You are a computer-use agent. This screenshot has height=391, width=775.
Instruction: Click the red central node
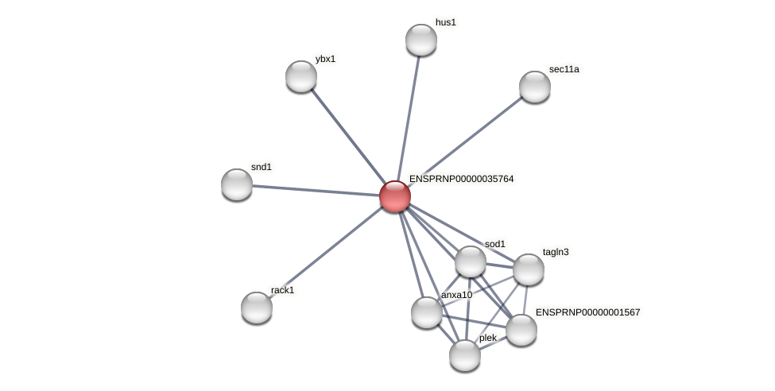395,196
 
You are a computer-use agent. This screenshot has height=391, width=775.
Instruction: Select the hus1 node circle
421,40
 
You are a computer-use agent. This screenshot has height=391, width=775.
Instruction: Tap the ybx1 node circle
301,76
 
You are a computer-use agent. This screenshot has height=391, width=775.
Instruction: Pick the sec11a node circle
535,87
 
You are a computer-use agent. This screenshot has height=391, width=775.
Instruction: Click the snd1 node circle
237,184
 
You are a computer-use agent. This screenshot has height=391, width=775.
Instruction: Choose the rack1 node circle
257,308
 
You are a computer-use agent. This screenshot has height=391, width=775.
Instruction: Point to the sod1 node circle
471,261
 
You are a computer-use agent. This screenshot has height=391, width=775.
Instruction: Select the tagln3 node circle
529,269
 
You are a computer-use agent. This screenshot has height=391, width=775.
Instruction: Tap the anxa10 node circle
427,312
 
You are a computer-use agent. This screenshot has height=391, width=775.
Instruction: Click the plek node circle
465,355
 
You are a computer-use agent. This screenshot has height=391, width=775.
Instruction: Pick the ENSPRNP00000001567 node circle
521,330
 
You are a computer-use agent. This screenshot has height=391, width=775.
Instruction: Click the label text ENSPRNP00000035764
461,179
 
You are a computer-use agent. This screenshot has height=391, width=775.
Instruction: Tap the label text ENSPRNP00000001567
587,312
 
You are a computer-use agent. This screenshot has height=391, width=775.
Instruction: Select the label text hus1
446,22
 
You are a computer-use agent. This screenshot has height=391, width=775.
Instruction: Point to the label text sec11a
564,69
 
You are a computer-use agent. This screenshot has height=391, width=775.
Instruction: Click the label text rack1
282,290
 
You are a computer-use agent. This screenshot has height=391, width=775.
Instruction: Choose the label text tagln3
556,252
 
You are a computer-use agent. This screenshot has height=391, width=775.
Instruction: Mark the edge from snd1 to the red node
316,190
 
